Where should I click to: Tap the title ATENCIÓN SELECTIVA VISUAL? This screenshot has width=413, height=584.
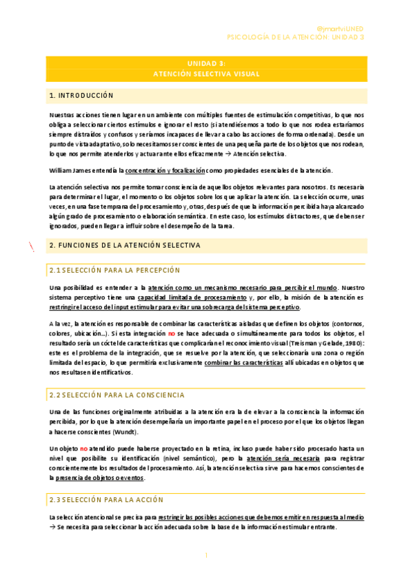(x=206, y=72)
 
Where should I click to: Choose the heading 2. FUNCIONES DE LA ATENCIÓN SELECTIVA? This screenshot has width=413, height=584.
(x=125, y=245)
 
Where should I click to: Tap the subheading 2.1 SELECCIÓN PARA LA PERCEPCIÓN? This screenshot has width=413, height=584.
(x=114, y=270)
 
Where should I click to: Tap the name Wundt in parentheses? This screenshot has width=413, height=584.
(x=123, y=432)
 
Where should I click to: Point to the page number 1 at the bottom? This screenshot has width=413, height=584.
(x=205, y=554)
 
